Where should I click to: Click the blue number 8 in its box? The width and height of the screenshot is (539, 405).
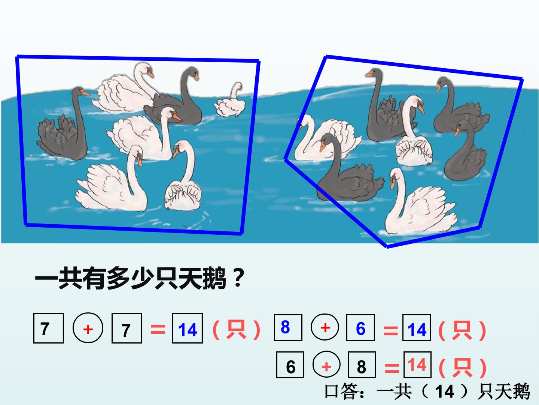point(285,327)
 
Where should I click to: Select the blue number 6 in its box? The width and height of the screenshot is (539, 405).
point(360,328)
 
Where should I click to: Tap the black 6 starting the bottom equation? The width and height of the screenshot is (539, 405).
point(290,367)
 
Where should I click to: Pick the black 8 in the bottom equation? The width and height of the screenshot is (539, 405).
point(362,367)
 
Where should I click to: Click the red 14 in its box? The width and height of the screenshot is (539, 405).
point(417,365)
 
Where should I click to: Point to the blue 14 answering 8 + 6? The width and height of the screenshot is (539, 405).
point(417,330)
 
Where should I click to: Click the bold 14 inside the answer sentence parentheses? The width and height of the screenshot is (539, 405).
point(445,391)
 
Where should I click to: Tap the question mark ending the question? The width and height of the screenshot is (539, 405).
point(238,278)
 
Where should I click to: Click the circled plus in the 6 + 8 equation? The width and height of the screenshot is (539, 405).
point(327,365)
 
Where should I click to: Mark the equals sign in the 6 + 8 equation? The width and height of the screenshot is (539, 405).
point(392,368)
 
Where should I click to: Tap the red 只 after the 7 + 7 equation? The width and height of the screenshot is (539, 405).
point(237,330)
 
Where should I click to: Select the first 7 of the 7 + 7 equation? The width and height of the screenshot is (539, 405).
point(45,329)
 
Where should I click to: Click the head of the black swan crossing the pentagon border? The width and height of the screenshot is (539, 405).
point(327,141)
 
